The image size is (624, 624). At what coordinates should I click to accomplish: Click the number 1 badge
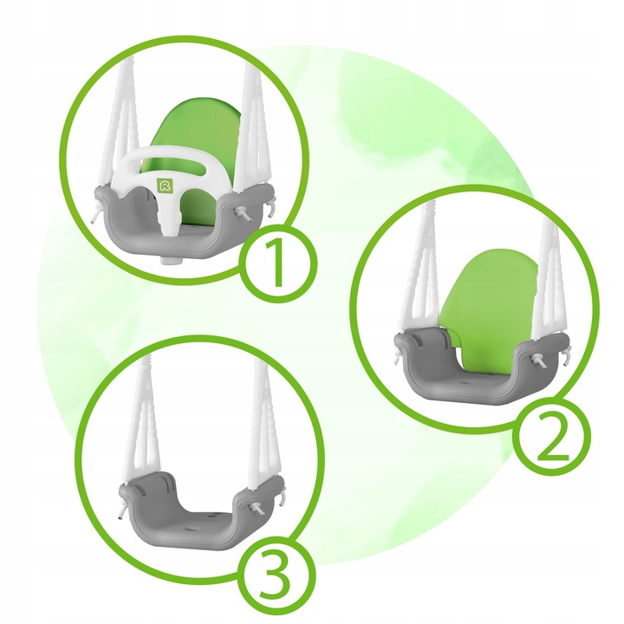[x=278, y=263]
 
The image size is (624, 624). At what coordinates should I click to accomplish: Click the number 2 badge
[x=551, y=436]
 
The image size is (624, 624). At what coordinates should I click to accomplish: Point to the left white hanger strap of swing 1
[x=121, y=123]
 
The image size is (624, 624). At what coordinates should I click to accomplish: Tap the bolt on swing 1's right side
[x=244, y=215]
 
